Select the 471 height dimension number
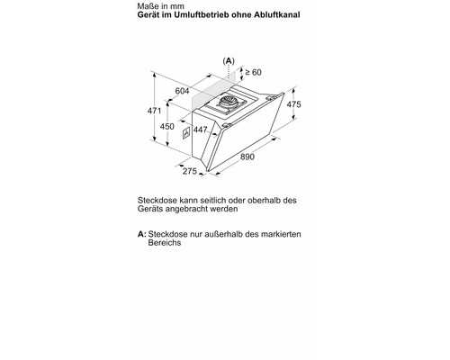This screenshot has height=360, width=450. coord(156,111)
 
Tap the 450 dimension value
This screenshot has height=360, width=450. coord(166,127)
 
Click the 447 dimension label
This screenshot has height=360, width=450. coord(200,131)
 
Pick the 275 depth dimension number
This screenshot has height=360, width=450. coord(190,171)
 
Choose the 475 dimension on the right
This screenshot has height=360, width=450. coord(293,105)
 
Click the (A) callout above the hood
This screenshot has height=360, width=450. coord(229,60)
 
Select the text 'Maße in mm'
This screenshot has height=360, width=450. coord(160,7)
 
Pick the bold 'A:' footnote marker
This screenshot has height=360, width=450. coord(142,234)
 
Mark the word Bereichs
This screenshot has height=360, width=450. coord(166,244)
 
